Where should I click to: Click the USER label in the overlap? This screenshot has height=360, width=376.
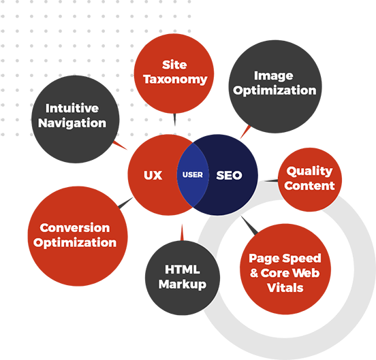point(193,175)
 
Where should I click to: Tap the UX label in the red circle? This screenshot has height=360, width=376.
point(153,175)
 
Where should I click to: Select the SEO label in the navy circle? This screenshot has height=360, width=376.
point(229,175)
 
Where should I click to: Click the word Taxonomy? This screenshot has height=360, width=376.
point(175,79)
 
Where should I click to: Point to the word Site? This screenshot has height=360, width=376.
point(174,65)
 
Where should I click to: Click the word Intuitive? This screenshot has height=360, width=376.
point(72,108)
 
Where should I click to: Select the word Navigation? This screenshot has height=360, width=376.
point(72,123)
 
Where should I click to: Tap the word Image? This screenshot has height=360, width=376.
point(274,76)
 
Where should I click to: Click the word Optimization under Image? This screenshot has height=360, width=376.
point(275,91)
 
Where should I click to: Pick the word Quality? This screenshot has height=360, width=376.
point(309,171)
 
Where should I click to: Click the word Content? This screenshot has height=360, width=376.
point(309,186)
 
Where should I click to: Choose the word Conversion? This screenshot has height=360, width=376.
point(75,227)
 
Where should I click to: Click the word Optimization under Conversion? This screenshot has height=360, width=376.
point(75,243)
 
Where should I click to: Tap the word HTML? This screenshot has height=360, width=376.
point(183,269)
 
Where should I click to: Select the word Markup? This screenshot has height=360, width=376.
point(183,284)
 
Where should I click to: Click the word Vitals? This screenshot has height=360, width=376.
point(285,288)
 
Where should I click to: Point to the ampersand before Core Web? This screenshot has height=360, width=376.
point(254,273)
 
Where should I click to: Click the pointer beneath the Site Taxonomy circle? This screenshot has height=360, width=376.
point(174,120)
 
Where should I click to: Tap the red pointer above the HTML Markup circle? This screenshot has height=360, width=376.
point(182,232)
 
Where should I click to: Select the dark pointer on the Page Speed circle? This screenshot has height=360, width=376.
point(249,225)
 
